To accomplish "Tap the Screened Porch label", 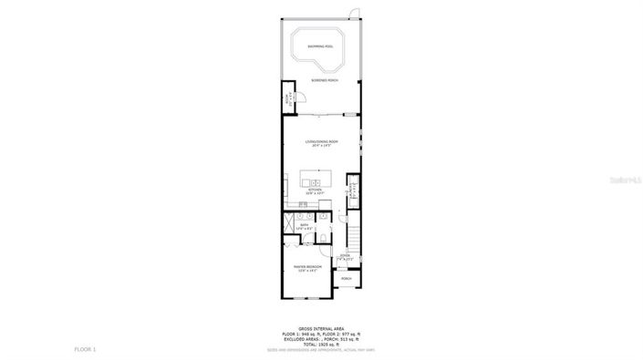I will click(x=320, y=80).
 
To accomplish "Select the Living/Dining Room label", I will click(x=320, y=142).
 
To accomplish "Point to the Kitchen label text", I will click(x=315, y=190).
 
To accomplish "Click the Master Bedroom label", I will click(x=307, y=268).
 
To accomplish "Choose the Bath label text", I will click(x=305, y=224).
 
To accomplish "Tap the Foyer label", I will click(x=345, y=257).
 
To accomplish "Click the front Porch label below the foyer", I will click(x=347, y=279).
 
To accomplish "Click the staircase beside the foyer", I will click(x=355, y=232).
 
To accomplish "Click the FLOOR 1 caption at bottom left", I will click(x=85, y=349).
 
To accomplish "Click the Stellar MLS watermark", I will click(x=624, y=180).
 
